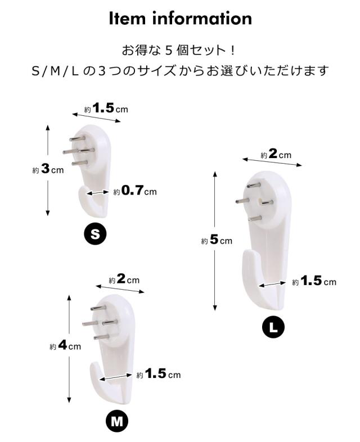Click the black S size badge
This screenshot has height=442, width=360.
tap(95, 234)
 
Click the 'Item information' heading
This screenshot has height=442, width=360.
tap(180, 18)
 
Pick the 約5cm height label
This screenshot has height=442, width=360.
tap(217, 240)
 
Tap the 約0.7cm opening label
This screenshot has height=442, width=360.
tap(134, 192)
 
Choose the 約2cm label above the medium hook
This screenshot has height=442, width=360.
tap(124, 279)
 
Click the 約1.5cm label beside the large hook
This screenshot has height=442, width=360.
tap(314, 282)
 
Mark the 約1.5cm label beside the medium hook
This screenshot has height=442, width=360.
tap(158, 374)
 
